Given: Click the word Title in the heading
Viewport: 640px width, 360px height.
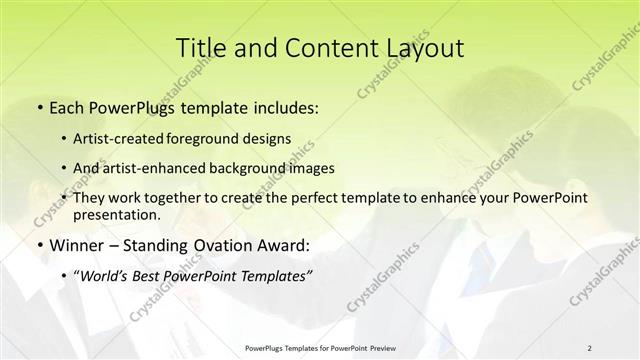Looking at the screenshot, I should pos(201,47).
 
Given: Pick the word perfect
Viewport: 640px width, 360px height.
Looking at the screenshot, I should pos(309,198).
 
